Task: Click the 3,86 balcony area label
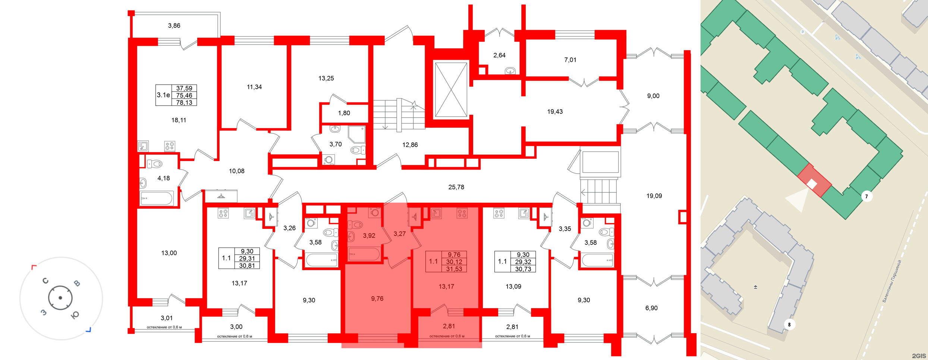click(174, 26)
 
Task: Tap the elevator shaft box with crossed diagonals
click(451, 90)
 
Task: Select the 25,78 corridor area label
click(456, 187)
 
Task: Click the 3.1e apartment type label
click(163, 95)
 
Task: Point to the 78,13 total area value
click(184, 102)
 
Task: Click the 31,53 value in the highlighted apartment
click(454, 269)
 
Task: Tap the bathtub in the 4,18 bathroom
click(157, 198)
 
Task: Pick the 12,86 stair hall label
click(410, 145)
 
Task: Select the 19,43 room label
click(555, 111)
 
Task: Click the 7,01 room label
click(570, 60)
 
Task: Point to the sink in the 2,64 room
click(510, 71)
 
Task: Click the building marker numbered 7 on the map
click(866, 196)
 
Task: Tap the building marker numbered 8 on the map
click(789, 325)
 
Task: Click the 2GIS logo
click(919, 356)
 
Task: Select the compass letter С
click(45, 281)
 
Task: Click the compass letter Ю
click(75, 315)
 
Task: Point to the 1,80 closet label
click(344, 113)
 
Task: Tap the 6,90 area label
click(651, 308)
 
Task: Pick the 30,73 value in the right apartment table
click(523, 269)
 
